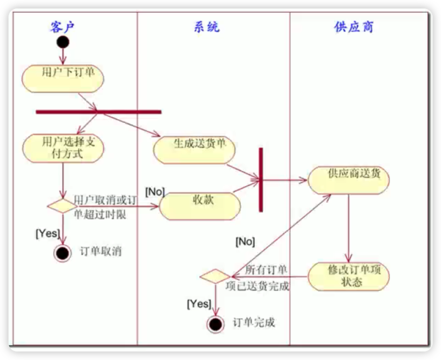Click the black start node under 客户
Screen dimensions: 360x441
click(x=62, y=42)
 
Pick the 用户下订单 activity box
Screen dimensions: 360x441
click(x=62, y=78)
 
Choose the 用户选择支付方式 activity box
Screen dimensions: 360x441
click(x=62, y=148)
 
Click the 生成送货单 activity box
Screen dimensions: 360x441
click(x=195, y=150)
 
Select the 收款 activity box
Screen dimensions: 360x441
click(x=200, y=206)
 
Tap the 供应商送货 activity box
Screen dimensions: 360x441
click(x=348, y=179)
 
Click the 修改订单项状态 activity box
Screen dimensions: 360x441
click(x=348, y=277)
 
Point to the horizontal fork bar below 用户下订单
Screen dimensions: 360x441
click(x=99, y=112)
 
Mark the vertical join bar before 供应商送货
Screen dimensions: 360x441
click(x=260, y=179)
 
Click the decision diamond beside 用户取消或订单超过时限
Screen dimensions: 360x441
click(x=62, y=206)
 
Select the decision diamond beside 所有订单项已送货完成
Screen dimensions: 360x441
click(x=215, y=276)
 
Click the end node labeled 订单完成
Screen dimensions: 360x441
click(x=215, y=323)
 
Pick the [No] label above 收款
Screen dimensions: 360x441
click(x=155, y=191)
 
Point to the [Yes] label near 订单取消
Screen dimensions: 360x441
click(x=47, y=232)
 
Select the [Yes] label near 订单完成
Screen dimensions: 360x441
click(x=199, y=304)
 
